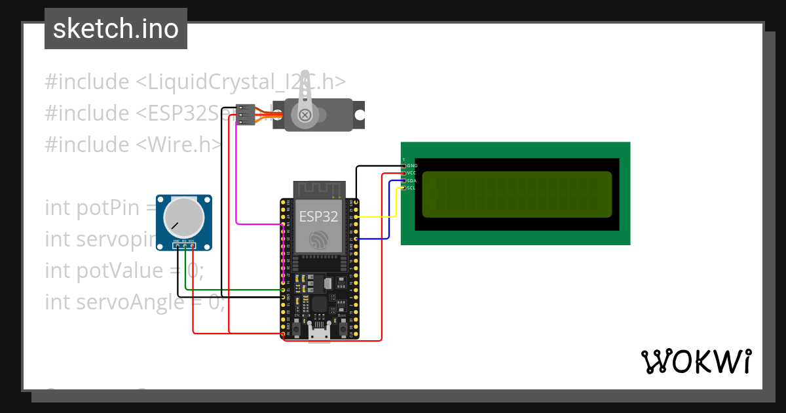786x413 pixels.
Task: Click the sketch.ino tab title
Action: coord(116,29)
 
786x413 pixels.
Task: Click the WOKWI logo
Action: coord(696,361)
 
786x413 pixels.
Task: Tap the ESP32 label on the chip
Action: coord(318,216)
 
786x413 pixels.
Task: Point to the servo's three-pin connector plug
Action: coord(246,114)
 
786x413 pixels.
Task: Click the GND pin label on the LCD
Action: coord(412,166)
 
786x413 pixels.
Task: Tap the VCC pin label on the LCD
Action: coord(411,173)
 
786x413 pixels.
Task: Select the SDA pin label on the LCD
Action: coord(411,180)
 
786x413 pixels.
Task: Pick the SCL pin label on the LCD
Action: coord(411,188)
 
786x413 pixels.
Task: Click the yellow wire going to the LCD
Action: coord(380,216)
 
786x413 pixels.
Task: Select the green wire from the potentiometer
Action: coord(229,289)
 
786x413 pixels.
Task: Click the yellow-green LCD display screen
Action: coord(516,194)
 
